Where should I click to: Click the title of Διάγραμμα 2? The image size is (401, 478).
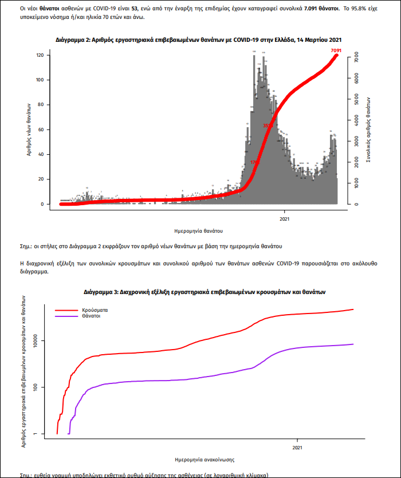(199, 40)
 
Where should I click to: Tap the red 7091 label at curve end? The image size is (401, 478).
(336, 51)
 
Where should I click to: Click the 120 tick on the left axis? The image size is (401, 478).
(40, 56)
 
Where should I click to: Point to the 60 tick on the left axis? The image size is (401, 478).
(41, 130)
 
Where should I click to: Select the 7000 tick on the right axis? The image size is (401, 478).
(356, 58)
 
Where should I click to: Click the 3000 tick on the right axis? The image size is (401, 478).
(356, 142)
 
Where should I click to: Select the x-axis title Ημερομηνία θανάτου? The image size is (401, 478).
(198, 230)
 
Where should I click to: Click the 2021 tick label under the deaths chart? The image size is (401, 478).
(285, 218)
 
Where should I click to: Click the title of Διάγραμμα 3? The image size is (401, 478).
(205, 292)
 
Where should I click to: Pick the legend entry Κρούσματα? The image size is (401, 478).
(95, 309)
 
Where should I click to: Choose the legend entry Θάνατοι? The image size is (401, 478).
(92, 316)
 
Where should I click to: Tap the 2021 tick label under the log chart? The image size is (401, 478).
(297, 447)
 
